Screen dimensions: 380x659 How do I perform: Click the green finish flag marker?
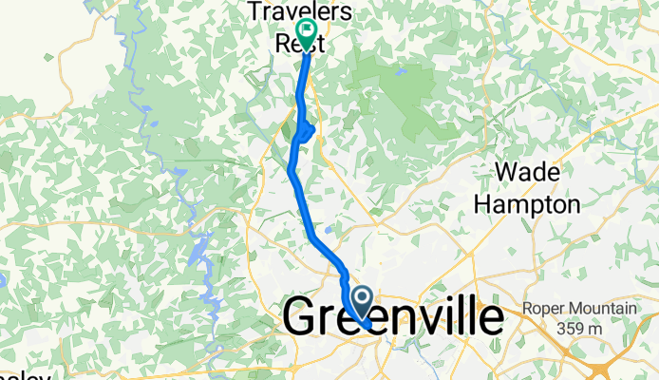pyautogui.click(x=307, y=29)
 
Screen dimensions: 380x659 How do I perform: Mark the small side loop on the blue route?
pyautogui.click(x=306, y=130)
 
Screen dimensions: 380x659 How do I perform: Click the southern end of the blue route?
pyautogui.click(x=367, y=327)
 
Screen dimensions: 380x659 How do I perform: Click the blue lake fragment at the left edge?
pyautogui.click(x=3, y=281)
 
